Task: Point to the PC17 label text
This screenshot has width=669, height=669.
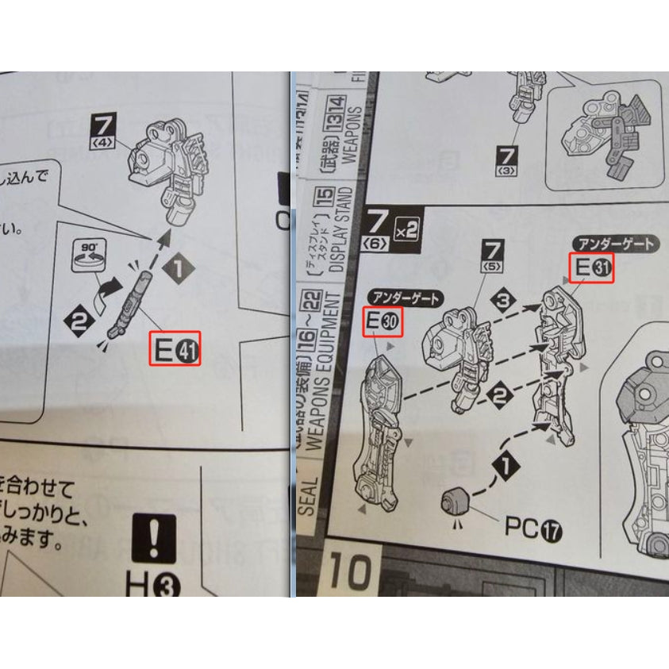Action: (533, 527)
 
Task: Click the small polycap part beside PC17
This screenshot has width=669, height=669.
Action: (456, 502)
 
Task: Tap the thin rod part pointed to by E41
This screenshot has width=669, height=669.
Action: (132, 306)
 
